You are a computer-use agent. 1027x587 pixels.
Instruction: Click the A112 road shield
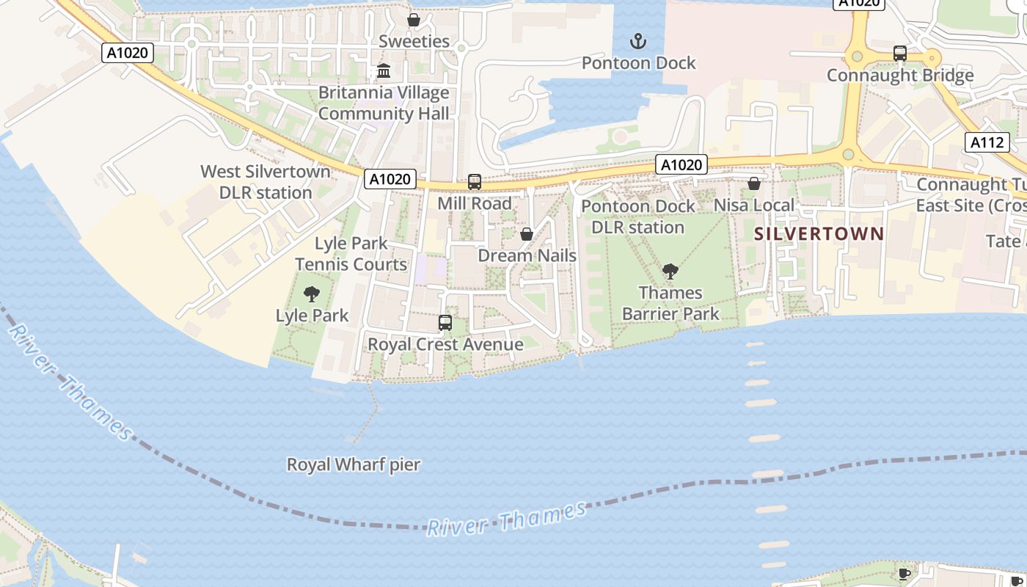coord(987,142)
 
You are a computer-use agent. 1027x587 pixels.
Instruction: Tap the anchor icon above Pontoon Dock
coord(638,41)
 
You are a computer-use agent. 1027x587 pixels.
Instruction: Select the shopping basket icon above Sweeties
coord(414,20)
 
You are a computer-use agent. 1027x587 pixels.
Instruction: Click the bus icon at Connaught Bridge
coord(900,54)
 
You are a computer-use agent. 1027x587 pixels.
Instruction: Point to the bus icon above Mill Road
coord(475,181)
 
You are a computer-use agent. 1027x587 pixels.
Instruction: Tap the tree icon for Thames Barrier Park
coord(670,271)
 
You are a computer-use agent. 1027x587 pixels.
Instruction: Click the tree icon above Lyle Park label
coord(312,294)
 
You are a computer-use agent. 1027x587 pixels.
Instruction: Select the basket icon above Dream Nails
coord(527,234)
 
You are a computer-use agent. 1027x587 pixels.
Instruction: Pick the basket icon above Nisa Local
coord(754,183)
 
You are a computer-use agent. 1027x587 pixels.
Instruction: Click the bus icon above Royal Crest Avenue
coord(445,322)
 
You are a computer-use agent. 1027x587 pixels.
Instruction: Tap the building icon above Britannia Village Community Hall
coord(384,71)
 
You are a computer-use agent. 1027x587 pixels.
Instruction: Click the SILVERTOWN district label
coord(819,234)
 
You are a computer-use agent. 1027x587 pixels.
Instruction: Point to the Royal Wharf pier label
coord(354,464)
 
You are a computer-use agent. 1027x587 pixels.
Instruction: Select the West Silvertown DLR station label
coord(266,182)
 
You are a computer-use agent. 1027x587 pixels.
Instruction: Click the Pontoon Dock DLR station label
coord(637,216)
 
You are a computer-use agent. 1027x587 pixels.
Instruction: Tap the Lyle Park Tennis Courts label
coord(351,254)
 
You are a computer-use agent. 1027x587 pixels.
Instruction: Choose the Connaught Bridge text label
coord(900,75)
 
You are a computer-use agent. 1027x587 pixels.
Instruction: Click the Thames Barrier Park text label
coord(670,303)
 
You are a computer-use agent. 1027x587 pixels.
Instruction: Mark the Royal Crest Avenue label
coord(445,344)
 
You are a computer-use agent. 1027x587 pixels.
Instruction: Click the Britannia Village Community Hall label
coord(384,103)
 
